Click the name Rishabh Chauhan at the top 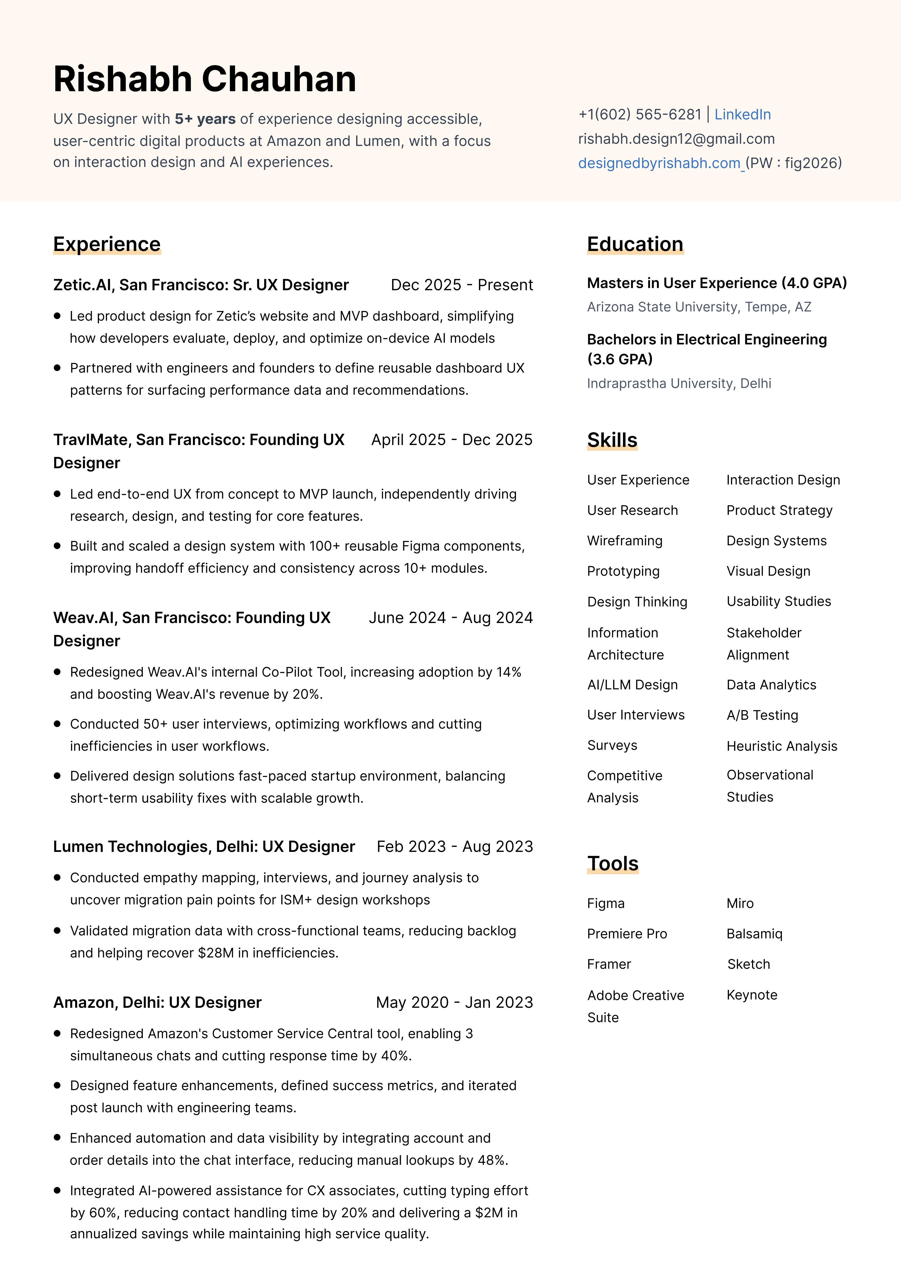(x=205, y=79)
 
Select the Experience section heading (x=107, y=244)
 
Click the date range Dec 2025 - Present (x=462, y=285)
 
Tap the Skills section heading (x=612, y=440)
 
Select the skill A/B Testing (x=762, y=715)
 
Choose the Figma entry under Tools (x=606, y=903)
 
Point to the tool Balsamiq (x=754, y=934)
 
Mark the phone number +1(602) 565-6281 (x=640, y=115)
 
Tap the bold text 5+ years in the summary (x=205, y=119)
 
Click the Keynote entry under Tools (x=752, y=995)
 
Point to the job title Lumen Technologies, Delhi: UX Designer (x=204, y=847)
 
